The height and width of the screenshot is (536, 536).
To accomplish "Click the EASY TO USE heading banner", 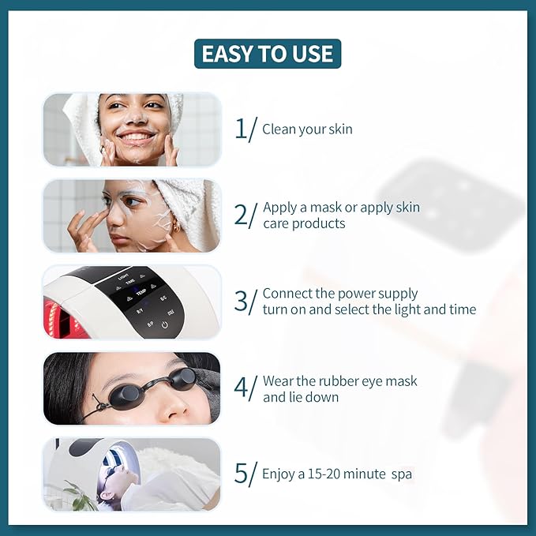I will point(268,54).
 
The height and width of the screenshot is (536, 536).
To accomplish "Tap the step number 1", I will point(241,129).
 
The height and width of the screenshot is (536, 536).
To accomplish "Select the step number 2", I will point(241,215).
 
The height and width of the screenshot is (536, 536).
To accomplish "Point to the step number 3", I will point(242,301).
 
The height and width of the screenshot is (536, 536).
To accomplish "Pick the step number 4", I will point(242,388).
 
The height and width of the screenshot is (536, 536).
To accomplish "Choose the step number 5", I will point(241,474).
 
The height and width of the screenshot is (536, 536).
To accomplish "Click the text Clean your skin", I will point(307,129).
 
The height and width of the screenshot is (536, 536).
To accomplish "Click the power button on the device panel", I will point(166,324).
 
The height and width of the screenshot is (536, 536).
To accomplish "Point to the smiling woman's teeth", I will point(136,136).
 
